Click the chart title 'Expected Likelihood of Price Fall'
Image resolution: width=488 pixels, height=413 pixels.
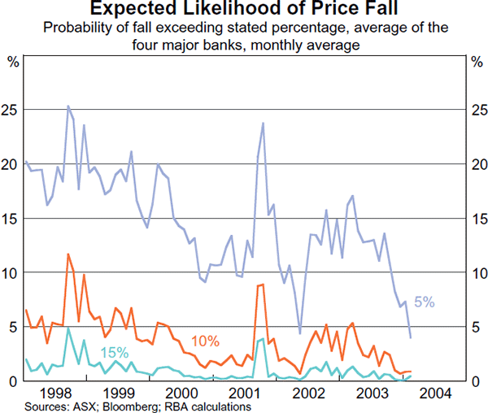[x=244, y=10]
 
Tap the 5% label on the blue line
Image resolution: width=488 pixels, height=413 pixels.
[x=424, y=302]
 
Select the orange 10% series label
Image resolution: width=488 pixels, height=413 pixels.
[x=207, y=339]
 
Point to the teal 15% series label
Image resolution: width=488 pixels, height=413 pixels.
[x=114, y=352]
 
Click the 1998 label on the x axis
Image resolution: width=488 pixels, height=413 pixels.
[x=56, y=393]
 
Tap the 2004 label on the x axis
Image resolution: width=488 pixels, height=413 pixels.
[x=432, y=393]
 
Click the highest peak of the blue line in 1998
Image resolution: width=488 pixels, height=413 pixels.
[x=68, y=106]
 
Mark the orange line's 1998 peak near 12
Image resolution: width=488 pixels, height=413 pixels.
[x=68, y=254]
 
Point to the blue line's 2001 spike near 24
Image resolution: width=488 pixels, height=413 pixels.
[x=263, y=123]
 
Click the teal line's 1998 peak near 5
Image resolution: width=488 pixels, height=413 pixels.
[x=68, y=328]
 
